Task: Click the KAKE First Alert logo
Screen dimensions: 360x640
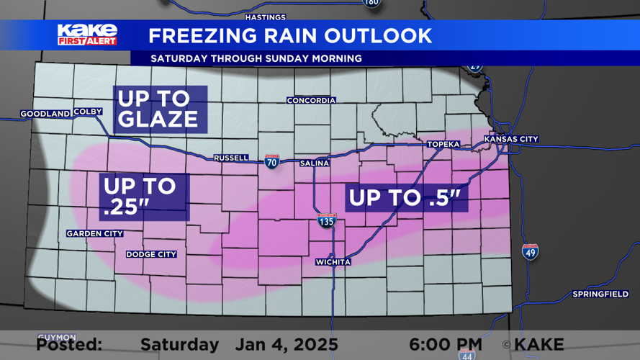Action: pos(87,34)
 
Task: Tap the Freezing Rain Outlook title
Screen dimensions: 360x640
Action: pos(289,35)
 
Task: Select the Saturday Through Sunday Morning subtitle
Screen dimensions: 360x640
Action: pos(256,58)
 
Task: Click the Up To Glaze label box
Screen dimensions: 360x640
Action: pos(160,109)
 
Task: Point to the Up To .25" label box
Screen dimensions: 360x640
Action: pos(144,197)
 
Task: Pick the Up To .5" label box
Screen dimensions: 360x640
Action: pos(407,197)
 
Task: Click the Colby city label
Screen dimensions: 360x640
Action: pos(88,112)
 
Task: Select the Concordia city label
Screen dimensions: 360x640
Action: pos(311,100)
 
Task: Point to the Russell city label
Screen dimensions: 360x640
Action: pos(231,158)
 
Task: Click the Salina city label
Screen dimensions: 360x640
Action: pos(315,163)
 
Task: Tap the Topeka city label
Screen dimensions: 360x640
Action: pos(443,144)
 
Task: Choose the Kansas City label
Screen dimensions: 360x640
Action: pos(511,139)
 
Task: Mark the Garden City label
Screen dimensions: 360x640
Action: pos(94,233)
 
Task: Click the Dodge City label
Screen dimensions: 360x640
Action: pos(151,254)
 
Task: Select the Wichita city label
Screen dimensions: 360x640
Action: pos(333,262)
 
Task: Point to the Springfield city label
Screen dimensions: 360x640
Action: pos(600,294)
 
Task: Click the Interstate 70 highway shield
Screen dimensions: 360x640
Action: pos(271,161)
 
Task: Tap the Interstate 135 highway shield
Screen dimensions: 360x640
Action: pos(326,221)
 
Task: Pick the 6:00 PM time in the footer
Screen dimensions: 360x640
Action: pos(446,345)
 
